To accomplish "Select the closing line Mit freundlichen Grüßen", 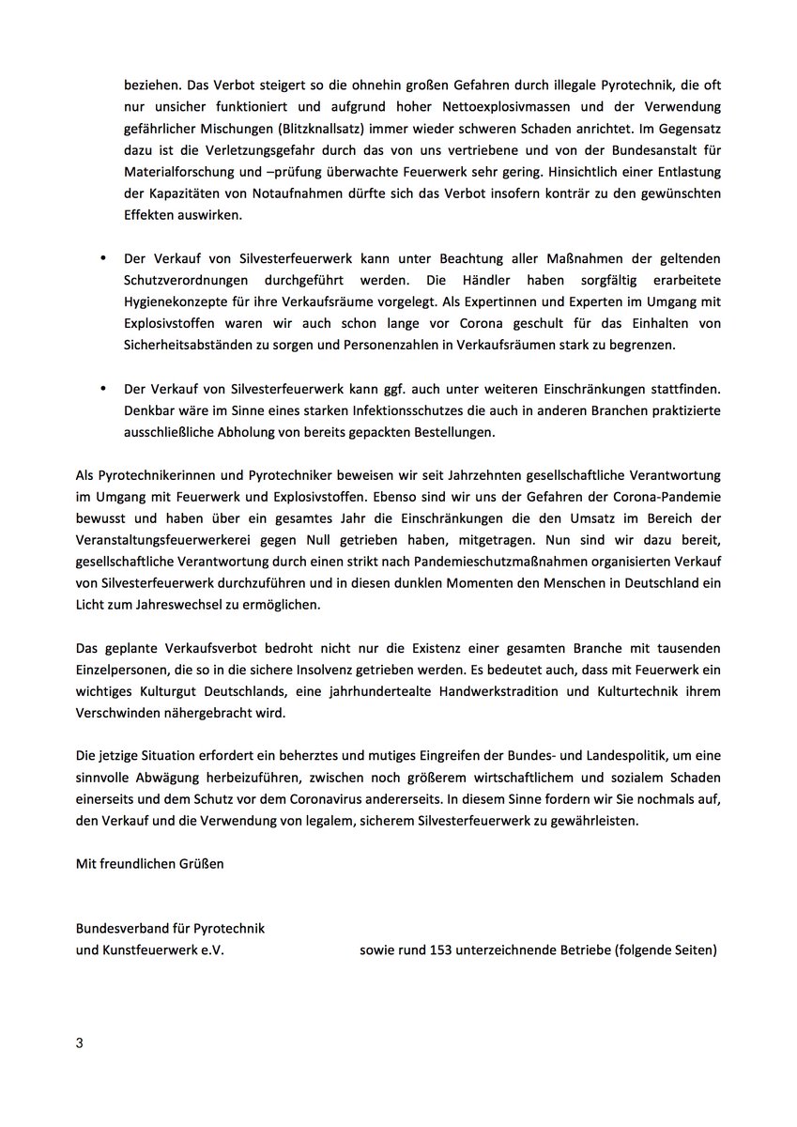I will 150,864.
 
